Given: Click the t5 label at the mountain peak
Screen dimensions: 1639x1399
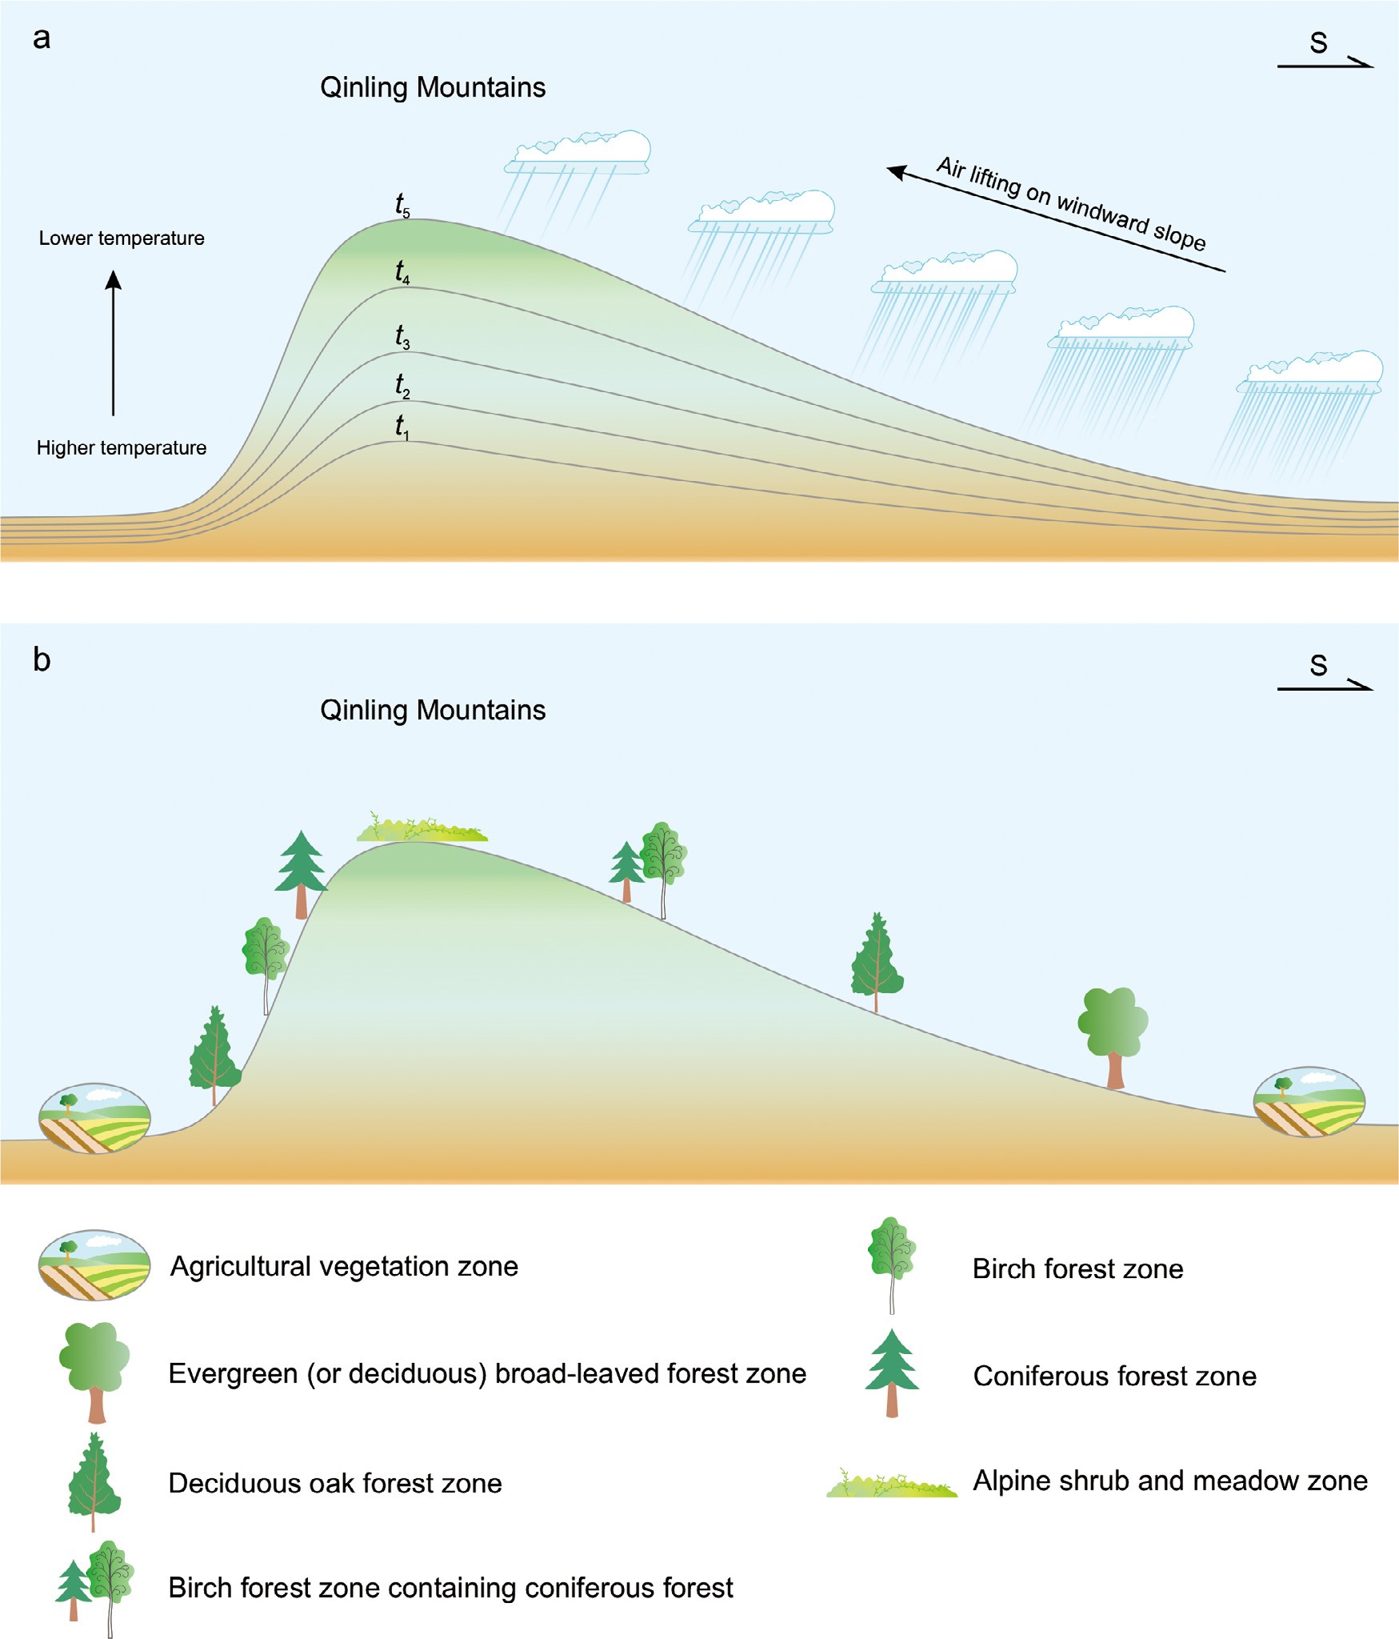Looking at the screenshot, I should tap(402, 206).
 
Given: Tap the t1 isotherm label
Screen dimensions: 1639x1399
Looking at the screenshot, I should tap(402, 427).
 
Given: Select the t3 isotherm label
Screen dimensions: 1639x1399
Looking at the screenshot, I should tap(402, 337).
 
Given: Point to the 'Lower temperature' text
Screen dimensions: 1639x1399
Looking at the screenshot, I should tap(122, 238).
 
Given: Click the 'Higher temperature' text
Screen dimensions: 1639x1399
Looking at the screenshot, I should tap(122, 448).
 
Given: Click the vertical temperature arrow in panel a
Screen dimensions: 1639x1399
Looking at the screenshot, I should tap(114, 343).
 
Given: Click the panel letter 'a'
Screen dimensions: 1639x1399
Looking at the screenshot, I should tap(42, 38).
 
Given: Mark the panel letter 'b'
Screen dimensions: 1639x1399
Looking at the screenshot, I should tap(42, 660).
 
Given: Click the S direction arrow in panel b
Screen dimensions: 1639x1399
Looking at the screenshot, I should tap(1324, 687).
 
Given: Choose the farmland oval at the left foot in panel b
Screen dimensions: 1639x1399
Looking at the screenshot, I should tap(94, 1118).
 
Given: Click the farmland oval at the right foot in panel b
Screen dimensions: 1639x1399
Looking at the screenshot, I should tap(1309, 1102).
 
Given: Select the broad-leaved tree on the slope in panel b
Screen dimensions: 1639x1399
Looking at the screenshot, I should tap(1113, 1035).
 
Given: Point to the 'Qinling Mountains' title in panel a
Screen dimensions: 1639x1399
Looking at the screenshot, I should tap(433, 87).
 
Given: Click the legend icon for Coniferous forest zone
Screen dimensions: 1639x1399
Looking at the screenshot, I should tap(892, 1373).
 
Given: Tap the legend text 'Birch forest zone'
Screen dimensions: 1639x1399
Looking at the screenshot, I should tap(1077, 1269).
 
